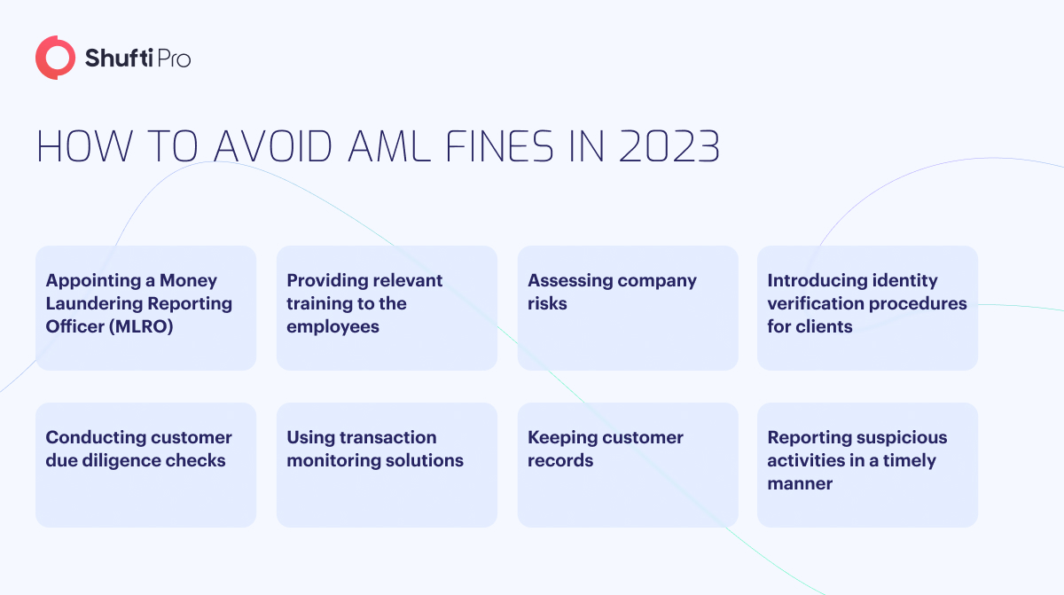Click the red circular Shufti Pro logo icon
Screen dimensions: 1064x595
55,58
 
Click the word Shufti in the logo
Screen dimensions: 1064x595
119,58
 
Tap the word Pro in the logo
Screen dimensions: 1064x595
174,59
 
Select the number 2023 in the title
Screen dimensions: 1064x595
669,146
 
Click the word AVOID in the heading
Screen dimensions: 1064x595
273,146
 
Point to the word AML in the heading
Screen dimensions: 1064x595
389,146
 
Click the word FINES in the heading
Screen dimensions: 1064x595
500,146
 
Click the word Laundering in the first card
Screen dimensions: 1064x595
94,304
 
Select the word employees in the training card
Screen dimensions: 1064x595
332,327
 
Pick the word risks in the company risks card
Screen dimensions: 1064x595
547,304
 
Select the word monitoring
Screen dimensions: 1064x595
333,460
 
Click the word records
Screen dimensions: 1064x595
560,460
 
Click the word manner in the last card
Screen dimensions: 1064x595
800,484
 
